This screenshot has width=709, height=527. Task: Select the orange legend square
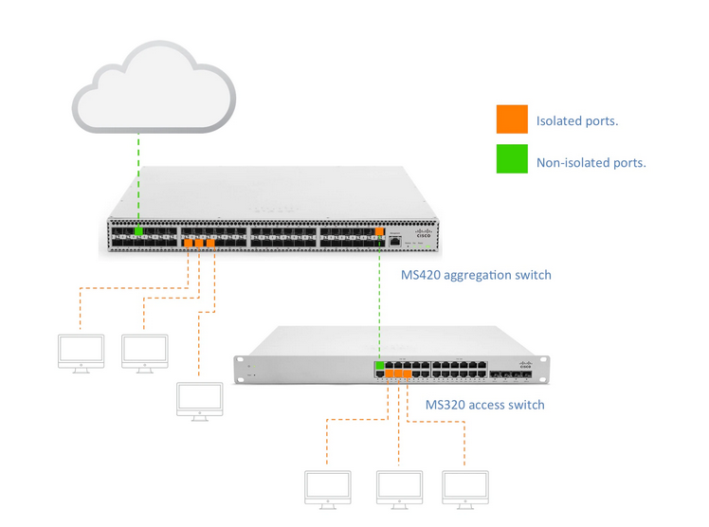point(511,119)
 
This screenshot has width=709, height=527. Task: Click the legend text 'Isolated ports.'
point(577,121)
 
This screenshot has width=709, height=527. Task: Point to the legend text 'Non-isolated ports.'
point(591,162)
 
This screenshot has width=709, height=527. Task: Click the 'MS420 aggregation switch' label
point(475,275)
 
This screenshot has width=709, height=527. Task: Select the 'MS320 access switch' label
point(484,405)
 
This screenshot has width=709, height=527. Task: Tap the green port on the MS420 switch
point(138,230)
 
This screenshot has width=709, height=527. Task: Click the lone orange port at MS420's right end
point(379,230)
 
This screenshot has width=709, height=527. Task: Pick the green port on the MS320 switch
point(380,365)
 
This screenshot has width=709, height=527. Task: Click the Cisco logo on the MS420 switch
point(421,230)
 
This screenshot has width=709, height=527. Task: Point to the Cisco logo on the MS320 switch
point(526,363)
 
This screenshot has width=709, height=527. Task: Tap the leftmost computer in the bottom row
point(326,488)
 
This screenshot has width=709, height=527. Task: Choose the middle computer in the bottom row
point(398,488)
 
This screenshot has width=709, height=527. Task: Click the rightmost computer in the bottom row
point(465,488)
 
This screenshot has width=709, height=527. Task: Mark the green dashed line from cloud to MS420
point(138,180)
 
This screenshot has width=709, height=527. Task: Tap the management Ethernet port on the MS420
point(395,242)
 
